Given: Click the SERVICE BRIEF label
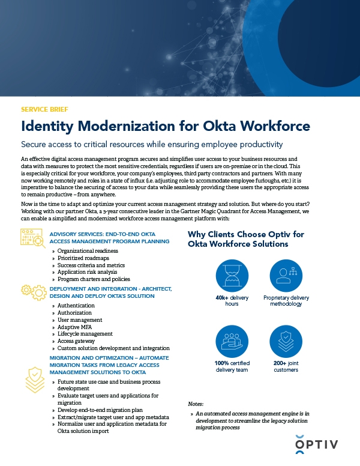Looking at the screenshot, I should click(x=44, y=110).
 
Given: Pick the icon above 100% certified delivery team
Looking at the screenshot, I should click(x=232, y=341).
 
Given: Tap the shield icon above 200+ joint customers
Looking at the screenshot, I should click(x=286, y=341).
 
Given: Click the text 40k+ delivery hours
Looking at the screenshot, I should click(x=232, y=300).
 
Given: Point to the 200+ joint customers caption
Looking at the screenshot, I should click(x=286, y=366).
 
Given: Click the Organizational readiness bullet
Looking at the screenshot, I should click(x=88, y=250).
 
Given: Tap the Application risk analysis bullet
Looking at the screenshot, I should click(x=88, y=272).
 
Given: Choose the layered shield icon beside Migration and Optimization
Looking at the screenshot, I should click(x=34, y=378).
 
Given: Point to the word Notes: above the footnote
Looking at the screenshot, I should click(x=196, y=404).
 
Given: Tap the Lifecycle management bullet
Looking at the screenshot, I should click(x=85, y=334).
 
